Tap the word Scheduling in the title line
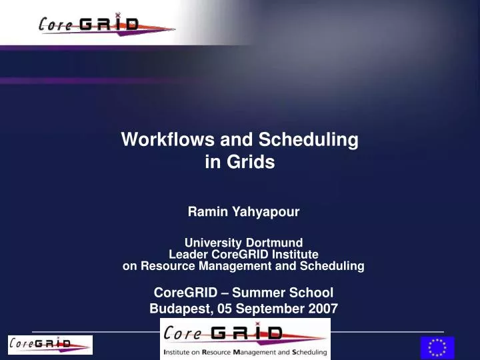308,140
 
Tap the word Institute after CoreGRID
293,254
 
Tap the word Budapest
177,308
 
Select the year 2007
323,308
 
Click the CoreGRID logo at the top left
107,25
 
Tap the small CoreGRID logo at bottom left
50,345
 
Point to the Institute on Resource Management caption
245,351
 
